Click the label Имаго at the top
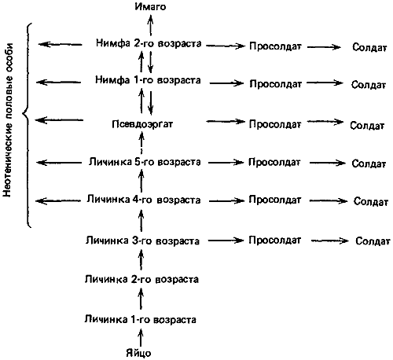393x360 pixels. pos(150,6)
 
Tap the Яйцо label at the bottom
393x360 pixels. pos(138,353)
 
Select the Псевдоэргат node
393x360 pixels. pos(142,124)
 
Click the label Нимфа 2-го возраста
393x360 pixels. pos(149,43)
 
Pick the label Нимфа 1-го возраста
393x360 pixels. pos(148,79)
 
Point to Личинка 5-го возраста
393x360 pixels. pos(145,162)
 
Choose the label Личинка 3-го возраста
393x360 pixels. pos(142,241)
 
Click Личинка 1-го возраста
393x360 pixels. pos(140,319)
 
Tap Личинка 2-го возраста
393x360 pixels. pos(141,279)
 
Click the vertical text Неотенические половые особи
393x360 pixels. pos(7,119)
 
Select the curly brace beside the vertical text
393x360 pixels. pos(27,125)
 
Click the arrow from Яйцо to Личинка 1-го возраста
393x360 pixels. pos(141,338)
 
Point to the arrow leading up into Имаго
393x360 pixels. pos(150,25)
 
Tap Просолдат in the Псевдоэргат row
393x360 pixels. pos(275,124)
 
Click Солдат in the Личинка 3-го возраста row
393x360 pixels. pos(373,241)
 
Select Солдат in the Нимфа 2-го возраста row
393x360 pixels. pos(369,47)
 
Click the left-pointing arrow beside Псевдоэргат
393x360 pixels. pos(59,120)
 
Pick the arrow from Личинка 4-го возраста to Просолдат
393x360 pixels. pos(226,201)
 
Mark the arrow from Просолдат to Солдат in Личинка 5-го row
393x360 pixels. pos(327,163)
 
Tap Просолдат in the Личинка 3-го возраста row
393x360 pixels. pos(274,240)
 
